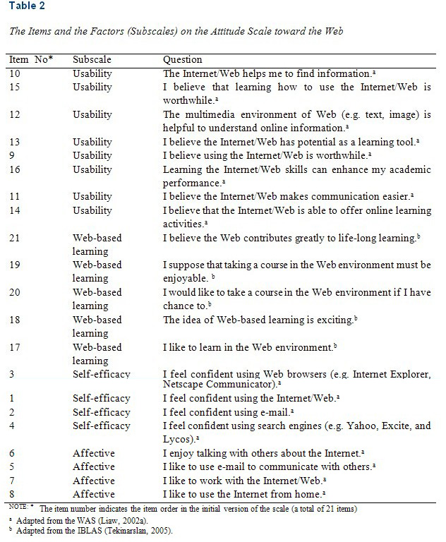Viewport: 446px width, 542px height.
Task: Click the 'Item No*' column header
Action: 33,60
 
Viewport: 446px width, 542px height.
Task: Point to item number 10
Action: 15,73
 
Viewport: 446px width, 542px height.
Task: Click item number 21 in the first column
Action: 15,238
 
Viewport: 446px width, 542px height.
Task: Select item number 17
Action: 15,347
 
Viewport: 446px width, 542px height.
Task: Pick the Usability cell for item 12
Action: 92,114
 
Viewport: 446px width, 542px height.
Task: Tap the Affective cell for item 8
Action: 93,494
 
